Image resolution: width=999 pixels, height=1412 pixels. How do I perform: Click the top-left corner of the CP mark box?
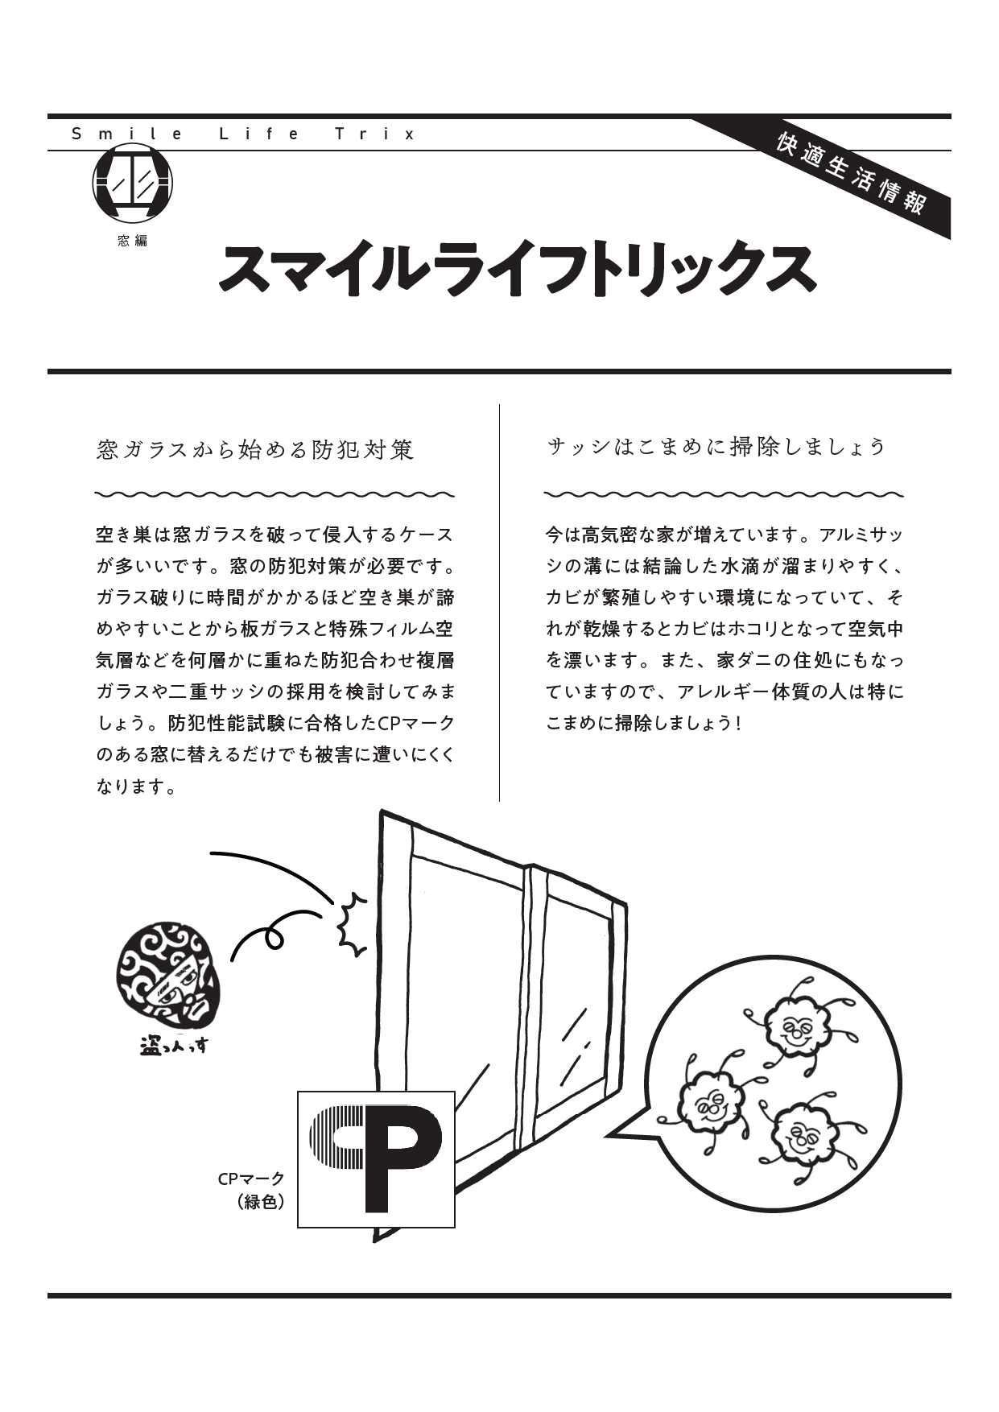298,1092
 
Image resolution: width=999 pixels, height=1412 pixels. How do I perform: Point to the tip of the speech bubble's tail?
607,1135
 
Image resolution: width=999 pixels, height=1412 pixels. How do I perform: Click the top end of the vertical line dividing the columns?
499,404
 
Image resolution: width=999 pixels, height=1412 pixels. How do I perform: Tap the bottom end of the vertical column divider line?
499,802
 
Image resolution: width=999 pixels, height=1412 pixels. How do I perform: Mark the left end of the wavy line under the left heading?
95,493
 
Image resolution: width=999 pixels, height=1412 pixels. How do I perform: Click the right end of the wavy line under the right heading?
904,493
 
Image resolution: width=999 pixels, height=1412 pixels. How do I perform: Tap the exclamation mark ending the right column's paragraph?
737,723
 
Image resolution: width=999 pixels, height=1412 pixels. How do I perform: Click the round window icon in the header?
133,184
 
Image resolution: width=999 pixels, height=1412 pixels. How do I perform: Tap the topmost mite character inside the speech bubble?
795,1022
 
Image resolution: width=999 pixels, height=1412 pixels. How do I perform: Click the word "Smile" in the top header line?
129,134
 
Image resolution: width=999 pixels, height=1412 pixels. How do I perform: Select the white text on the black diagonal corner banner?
851,174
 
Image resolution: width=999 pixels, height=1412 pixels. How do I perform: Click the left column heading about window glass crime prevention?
255,449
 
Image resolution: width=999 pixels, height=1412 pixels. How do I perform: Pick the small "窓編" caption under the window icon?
133,240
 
